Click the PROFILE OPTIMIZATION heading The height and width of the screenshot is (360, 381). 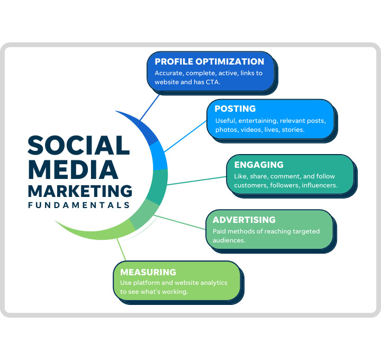click(209, 61)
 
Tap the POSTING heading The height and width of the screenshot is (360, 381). click(235, 109)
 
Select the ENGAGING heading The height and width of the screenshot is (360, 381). click(259, 165)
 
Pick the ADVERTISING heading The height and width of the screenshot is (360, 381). click(244, 220)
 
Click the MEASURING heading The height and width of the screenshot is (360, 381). click(148, 272)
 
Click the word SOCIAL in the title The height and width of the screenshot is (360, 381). click(79, 146)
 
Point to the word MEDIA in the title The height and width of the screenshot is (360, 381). click(73, 169)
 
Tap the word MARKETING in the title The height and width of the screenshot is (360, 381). click(80, 191)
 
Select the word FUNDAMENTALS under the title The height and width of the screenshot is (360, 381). click(79, 205)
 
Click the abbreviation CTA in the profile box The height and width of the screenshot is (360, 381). click(213, 82)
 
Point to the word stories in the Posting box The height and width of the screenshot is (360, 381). click(293, 130)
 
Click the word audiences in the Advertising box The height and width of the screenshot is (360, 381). click(229, 240)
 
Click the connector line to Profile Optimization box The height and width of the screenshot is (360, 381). click(150, 107)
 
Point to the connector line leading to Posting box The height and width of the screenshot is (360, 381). click(185, 137)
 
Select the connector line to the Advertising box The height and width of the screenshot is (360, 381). click(180, 222)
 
